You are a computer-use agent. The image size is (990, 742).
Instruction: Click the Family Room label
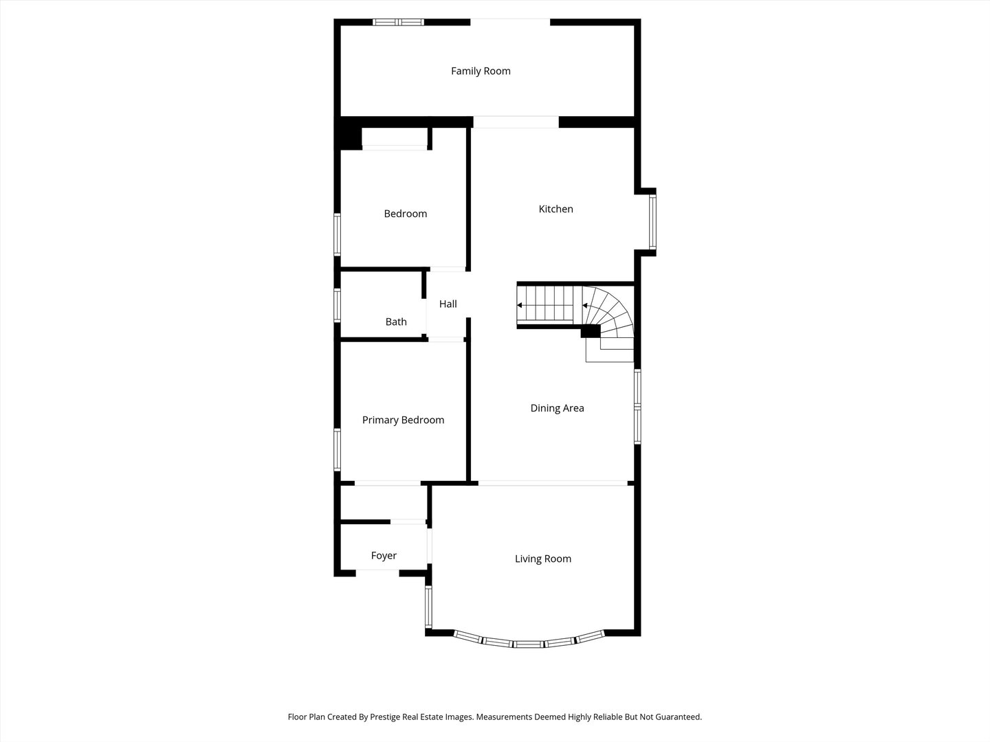coord(481,71)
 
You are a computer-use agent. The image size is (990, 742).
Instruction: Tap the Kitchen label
coord(555,209)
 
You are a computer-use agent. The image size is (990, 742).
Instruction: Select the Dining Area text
coord(557,408)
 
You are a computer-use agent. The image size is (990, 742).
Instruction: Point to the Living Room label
coord(543,559)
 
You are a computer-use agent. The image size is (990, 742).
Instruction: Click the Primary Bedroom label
coord(403,420)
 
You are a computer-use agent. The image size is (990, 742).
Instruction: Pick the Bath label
coord(396,322)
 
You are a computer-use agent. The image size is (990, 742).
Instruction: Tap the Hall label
coord(448,304)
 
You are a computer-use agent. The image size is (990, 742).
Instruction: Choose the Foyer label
coord(384,556)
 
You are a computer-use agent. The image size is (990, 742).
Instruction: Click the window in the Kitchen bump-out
coord(652,222)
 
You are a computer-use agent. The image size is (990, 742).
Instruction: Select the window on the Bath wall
coord(337,306)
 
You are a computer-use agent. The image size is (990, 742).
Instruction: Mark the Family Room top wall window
coord(398,22)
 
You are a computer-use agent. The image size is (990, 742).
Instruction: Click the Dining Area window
coord(637,407)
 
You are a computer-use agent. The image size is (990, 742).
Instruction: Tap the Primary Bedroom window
coord(337,449)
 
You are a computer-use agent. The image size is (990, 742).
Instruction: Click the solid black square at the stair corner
coord(591,331)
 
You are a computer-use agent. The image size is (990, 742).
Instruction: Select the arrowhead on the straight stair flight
coord(520,306)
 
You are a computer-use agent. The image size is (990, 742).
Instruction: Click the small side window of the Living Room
coord(428,607)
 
